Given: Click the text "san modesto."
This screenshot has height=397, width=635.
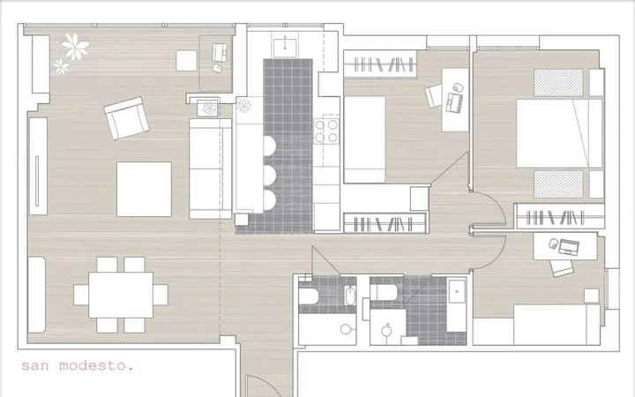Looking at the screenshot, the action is pos(77,366).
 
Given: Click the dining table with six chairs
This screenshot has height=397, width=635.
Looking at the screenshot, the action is pos(121,295).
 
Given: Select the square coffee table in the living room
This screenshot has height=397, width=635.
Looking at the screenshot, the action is pos(144,189).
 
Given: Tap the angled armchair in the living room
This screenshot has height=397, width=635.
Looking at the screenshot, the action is pos(126,118).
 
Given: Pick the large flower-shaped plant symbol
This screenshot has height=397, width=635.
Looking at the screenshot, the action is pos(75,47).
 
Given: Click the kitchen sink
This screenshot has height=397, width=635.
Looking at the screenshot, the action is pos(285,48).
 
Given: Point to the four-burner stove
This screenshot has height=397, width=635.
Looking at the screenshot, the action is pos(326,131).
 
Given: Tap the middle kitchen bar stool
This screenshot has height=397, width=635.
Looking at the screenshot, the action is pos(270,175).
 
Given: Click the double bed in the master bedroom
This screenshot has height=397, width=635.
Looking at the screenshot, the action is pos(560,133).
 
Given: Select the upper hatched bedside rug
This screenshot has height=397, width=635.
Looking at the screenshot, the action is pos(558,83).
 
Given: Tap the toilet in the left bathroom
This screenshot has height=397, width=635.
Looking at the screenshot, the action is pos(309,296).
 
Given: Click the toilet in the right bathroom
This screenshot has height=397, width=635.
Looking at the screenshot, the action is pos(384,292).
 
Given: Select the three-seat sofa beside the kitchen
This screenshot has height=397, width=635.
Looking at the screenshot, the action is pos(210,169).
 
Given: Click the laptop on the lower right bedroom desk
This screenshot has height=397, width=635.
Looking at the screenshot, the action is pos(569,247).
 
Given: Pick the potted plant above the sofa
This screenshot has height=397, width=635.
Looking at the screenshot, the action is pos(210,109).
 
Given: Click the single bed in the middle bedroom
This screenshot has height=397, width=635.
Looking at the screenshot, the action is pos(364,139).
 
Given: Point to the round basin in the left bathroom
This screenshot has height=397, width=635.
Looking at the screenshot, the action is pos(346,329).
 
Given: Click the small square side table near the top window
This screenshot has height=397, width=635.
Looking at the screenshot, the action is pos(187,60).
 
